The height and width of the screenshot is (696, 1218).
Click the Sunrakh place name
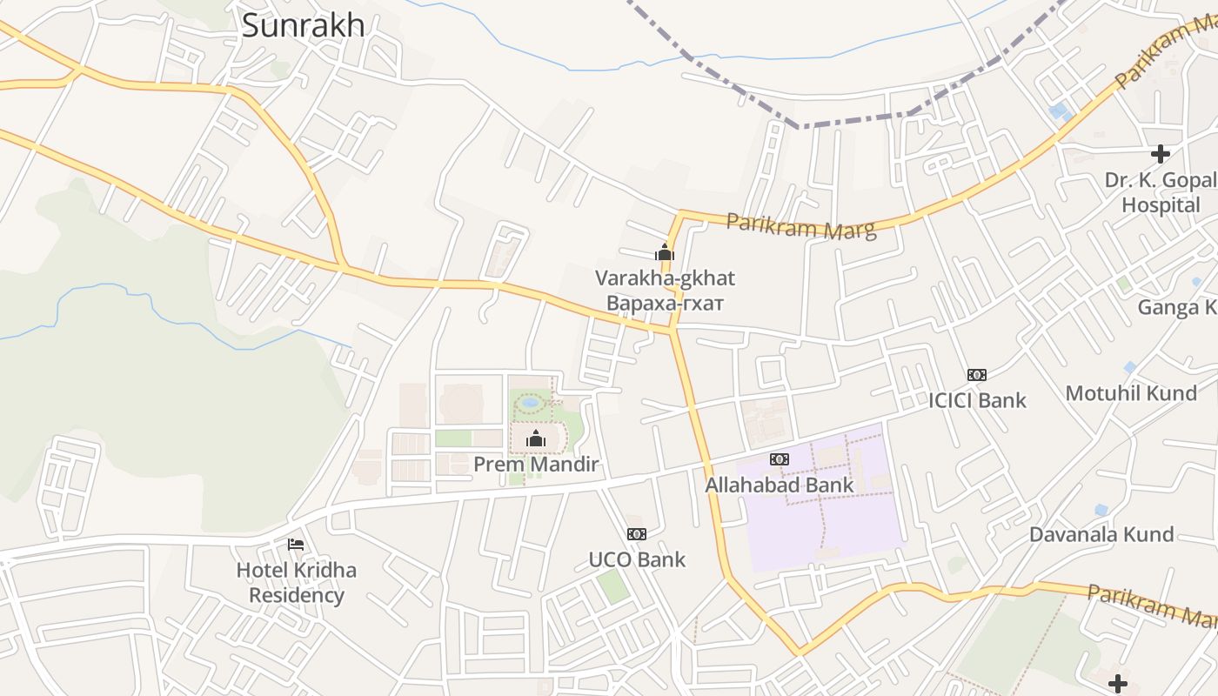tap(303, 26)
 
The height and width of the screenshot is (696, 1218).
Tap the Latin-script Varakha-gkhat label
tap(665, 278)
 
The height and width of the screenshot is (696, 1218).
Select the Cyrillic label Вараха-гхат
tap(665, 303)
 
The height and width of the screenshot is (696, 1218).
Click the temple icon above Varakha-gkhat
tap(665, 253)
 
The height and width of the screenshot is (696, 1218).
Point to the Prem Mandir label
tap(536, 465)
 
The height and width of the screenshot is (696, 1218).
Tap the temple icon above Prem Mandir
tap(536, 439)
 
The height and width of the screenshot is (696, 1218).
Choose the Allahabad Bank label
tap(780, 485)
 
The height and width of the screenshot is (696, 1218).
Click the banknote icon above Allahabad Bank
tap(780, 459)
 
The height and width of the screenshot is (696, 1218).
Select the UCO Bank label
tap(637, 559)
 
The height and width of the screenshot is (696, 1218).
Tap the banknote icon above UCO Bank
tap(637, 534)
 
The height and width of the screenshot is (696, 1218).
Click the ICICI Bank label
tap(977, 400)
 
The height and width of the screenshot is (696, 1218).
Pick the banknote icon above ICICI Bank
tap(977, 375)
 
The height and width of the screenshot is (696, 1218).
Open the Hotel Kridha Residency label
tap(297, 583)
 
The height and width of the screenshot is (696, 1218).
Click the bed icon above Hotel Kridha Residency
tap(296, 545)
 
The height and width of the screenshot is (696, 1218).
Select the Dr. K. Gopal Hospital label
tap(1161, 192)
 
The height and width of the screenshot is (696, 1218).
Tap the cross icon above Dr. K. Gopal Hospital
tap(1161, 155)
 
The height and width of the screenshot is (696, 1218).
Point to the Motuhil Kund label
tap(1131, 393)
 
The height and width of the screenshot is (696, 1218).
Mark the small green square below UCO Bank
tap(613, 586)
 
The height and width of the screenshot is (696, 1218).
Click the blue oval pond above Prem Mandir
tap(529, 404)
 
